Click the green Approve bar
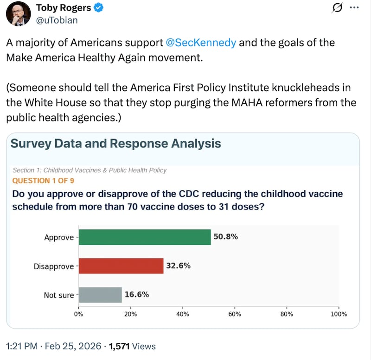click(145, 237)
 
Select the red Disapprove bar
click(121, 266)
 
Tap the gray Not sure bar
click(100, 295)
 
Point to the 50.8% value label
click(225, 237)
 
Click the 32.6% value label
click(179, 266)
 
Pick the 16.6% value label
click(137, 295)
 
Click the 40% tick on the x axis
click(183, 314)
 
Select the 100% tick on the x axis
click(339, 314)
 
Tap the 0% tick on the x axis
click(79, 314)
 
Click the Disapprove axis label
click(54, 266)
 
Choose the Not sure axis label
click(59, 295)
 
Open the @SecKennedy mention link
click(201, 43)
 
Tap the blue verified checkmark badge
click(99, 8)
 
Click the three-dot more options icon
click(354, 8)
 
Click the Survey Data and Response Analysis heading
click(115, 143)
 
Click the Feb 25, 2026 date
click(69, 346)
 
